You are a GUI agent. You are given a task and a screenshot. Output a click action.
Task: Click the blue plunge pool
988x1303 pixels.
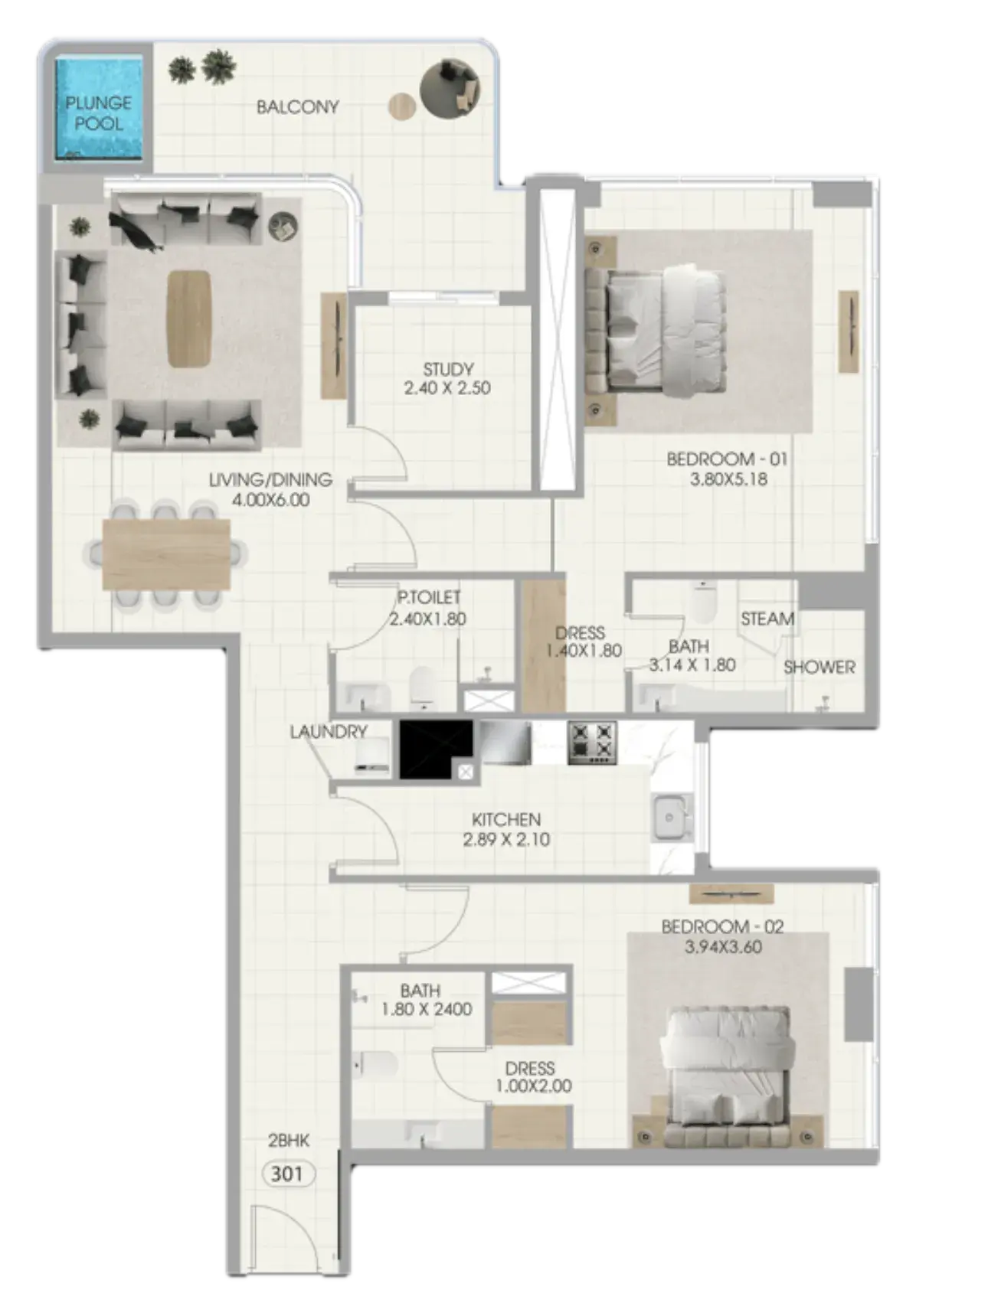[99, 107]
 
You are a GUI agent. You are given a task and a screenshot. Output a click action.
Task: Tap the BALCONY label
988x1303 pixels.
[297, 107]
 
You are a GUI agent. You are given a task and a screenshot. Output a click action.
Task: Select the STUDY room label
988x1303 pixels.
[448, 369]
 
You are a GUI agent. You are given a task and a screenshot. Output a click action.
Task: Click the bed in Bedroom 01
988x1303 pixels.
[655, 329]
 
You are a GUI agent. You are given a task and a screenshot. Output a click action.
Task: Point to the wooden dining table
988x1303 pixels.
[166, 554]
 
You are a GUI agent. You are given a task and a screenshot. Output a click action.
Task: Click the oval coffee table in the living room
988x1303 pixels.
[189, 318]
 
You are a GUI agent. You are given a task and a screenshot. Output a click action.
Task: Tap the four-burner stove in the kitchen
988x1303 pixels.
[592, 743]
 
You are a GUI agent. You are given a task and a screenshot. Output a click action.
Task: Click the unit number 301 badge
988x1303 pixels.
[287, 1174]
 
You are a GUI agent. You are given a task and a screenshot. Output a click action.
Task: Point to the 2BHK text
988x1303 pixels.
[289, 1141]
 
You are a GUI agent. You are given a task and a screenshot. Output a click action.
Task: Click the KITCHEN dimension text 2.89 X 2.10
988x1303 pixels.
[506, 839]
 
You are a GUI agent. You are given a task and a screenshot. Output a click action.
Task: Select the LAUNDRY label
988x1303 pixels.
[329, 732]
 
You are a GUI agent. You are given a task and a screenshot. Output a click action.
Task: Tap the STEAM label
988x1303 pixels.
[767, 619]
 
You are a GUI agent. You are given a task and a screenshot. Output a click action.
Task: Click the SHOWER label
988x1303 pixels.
[819, 667]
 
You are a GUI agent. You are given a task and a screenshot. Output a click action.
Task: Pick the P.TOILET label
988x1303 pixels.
[429, 597]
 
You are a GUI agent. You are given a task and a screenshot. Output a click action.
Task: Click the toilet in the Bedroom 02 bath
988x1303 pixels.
[377, 1064]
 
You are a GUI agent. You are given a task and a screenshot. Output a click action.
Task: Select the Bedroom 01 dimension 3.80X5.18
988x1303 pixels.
[728, 480]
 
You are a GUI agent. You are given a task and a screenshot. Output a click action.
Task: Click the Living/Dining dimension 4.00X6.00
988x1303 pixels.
[270, 500]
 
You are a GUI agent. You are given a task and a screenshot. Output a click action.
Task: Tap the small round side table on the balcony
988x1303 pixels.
[402, 106]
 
